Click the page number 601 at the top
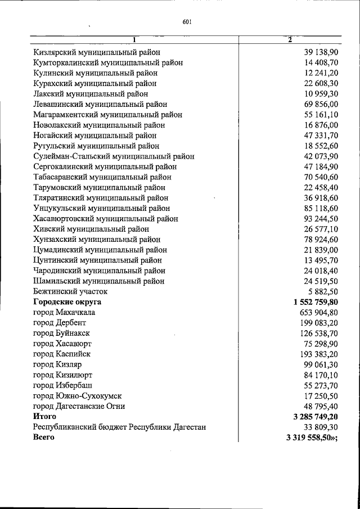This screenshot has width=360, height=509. pos(188,22)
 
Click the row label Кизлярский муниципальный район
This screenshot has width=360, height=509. pos(97,52)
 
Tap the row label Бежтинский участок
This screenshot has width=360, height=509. pos(70,291)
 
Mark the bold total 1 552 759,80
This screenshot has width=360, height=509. pos(316,302)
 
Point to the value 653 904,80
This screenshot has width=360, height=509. pos(318,312)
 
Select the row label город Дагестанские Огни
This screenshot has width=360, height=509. pos(79,406)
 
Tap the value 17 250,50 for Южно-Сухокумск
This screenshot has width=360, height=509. pos(321,395)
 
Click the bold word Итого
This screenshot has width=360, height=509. pos(45,417)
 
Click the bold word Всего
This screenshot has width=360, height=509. pos(44,438)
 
